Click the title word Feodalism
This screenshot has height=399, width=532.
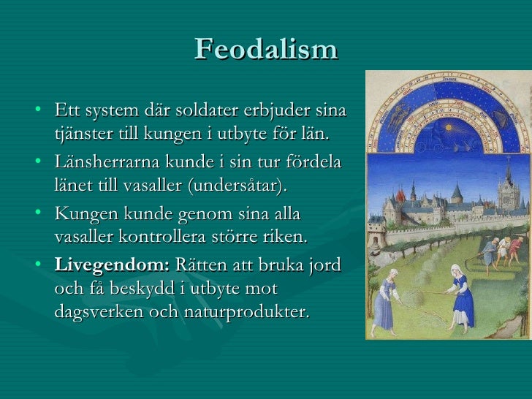(x=266, y=49)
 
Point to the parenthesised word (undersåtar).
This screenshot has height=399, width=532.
(x=237, y=185)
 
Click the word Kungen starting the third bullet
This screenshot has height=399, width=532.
(x=85, y=214)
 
